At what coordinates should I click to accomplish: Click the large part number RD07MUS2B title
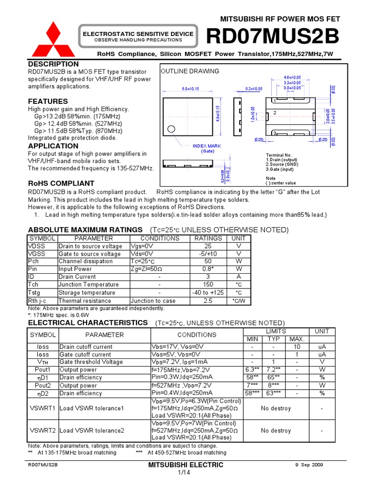272,36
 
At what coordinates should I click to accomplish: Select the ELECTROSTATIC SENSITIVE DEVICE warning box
138,37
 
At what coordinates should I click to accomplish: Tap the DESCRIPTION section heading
53,64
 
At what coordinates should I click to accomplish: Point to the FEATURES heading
48,101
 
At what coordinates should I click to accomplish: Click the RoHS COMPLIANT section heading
61,183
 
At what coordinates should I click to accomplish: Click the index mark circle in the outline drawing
172,128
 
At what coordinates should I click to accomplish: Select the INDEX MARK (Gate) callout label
207,148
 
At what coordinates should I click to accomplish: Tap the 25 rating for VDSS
208,246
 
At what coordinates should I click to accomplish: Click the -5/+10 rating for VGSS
208,254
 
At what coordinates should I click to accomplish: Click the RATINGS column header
208,238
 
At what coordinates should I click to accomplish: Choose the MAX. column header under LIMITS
297,339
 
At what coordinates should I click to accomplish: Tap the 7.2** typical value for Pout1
274,370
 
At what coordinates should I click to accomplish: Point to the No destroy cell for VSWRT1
276,408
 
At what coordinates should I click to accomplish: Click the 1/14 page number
184,473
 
